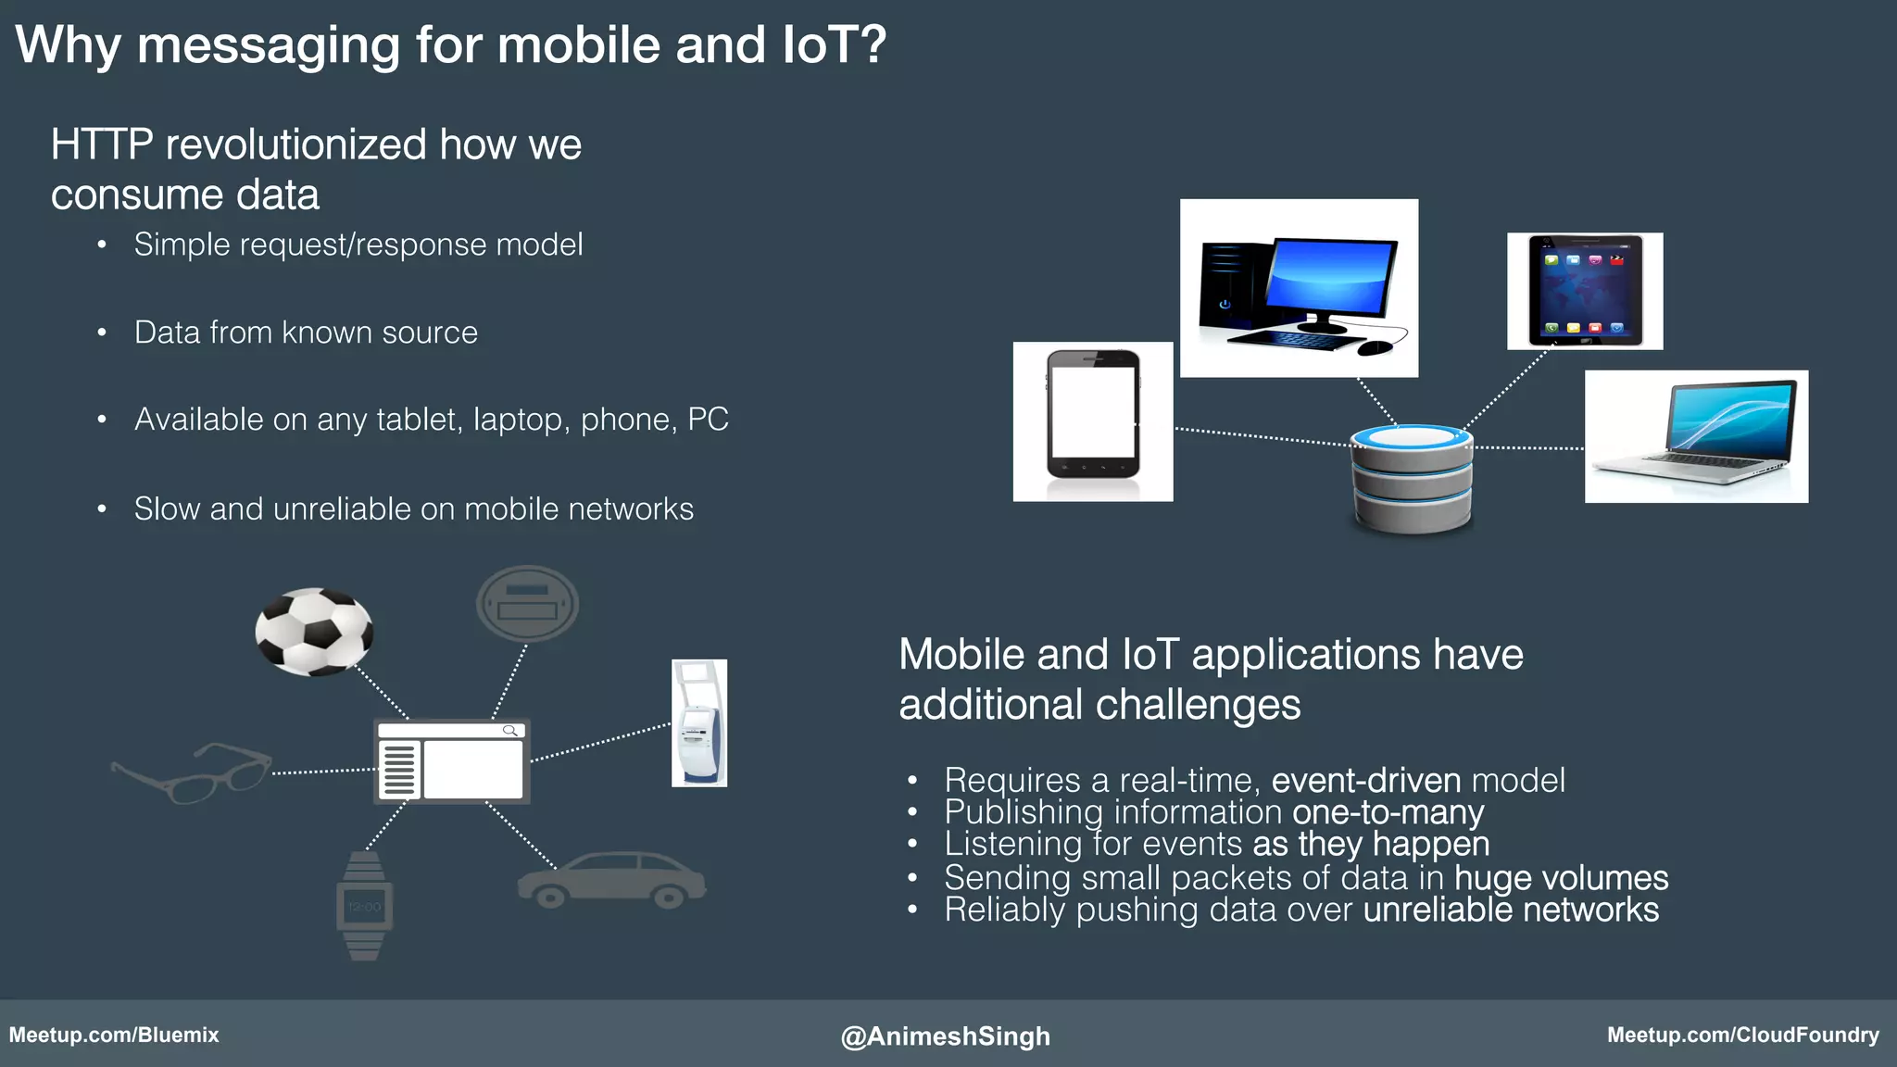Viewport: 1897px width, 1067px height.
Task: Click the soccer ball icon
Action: tap(314, 632)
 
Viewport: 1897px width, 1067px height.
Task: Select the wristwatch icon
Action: tap(364, 906)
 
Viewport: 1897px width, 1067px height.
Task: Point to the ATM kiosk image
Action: tap(699, 723)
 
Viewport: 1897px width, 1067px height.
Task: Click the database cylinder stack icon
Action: tap(1412, 479)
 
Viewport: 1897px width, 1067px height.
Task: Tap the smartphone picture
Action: tap(1093, 421)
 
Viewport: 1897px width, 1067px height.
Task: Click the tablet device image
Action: tap(1585, 291)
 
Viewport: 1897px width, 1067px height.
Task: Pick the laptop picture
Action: tap(1697, 436)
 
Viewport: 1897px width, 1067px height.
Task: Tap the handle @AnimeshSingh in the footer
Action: tap(945, 1036)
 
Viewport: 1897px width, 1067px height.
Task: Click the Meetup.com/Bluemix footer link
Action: tap(114, 1035)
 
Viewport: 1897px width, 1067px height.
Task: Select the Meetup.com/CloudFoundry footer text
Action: tap(1742, 1035)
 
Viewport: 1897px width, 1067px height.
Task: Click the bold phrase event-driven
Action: tap(1365, 781)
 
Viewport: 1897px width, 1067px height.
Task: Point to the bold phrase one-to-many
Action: tap(1388, 812)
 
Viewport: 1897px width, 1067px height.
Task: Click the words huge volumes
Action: tap(1561, 877)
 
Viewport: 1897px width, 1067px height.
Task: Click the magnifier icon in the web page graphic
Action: tap(509, 731)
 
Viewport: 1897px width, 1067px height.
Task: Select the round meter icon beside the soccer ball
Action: tap(527, 604)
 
